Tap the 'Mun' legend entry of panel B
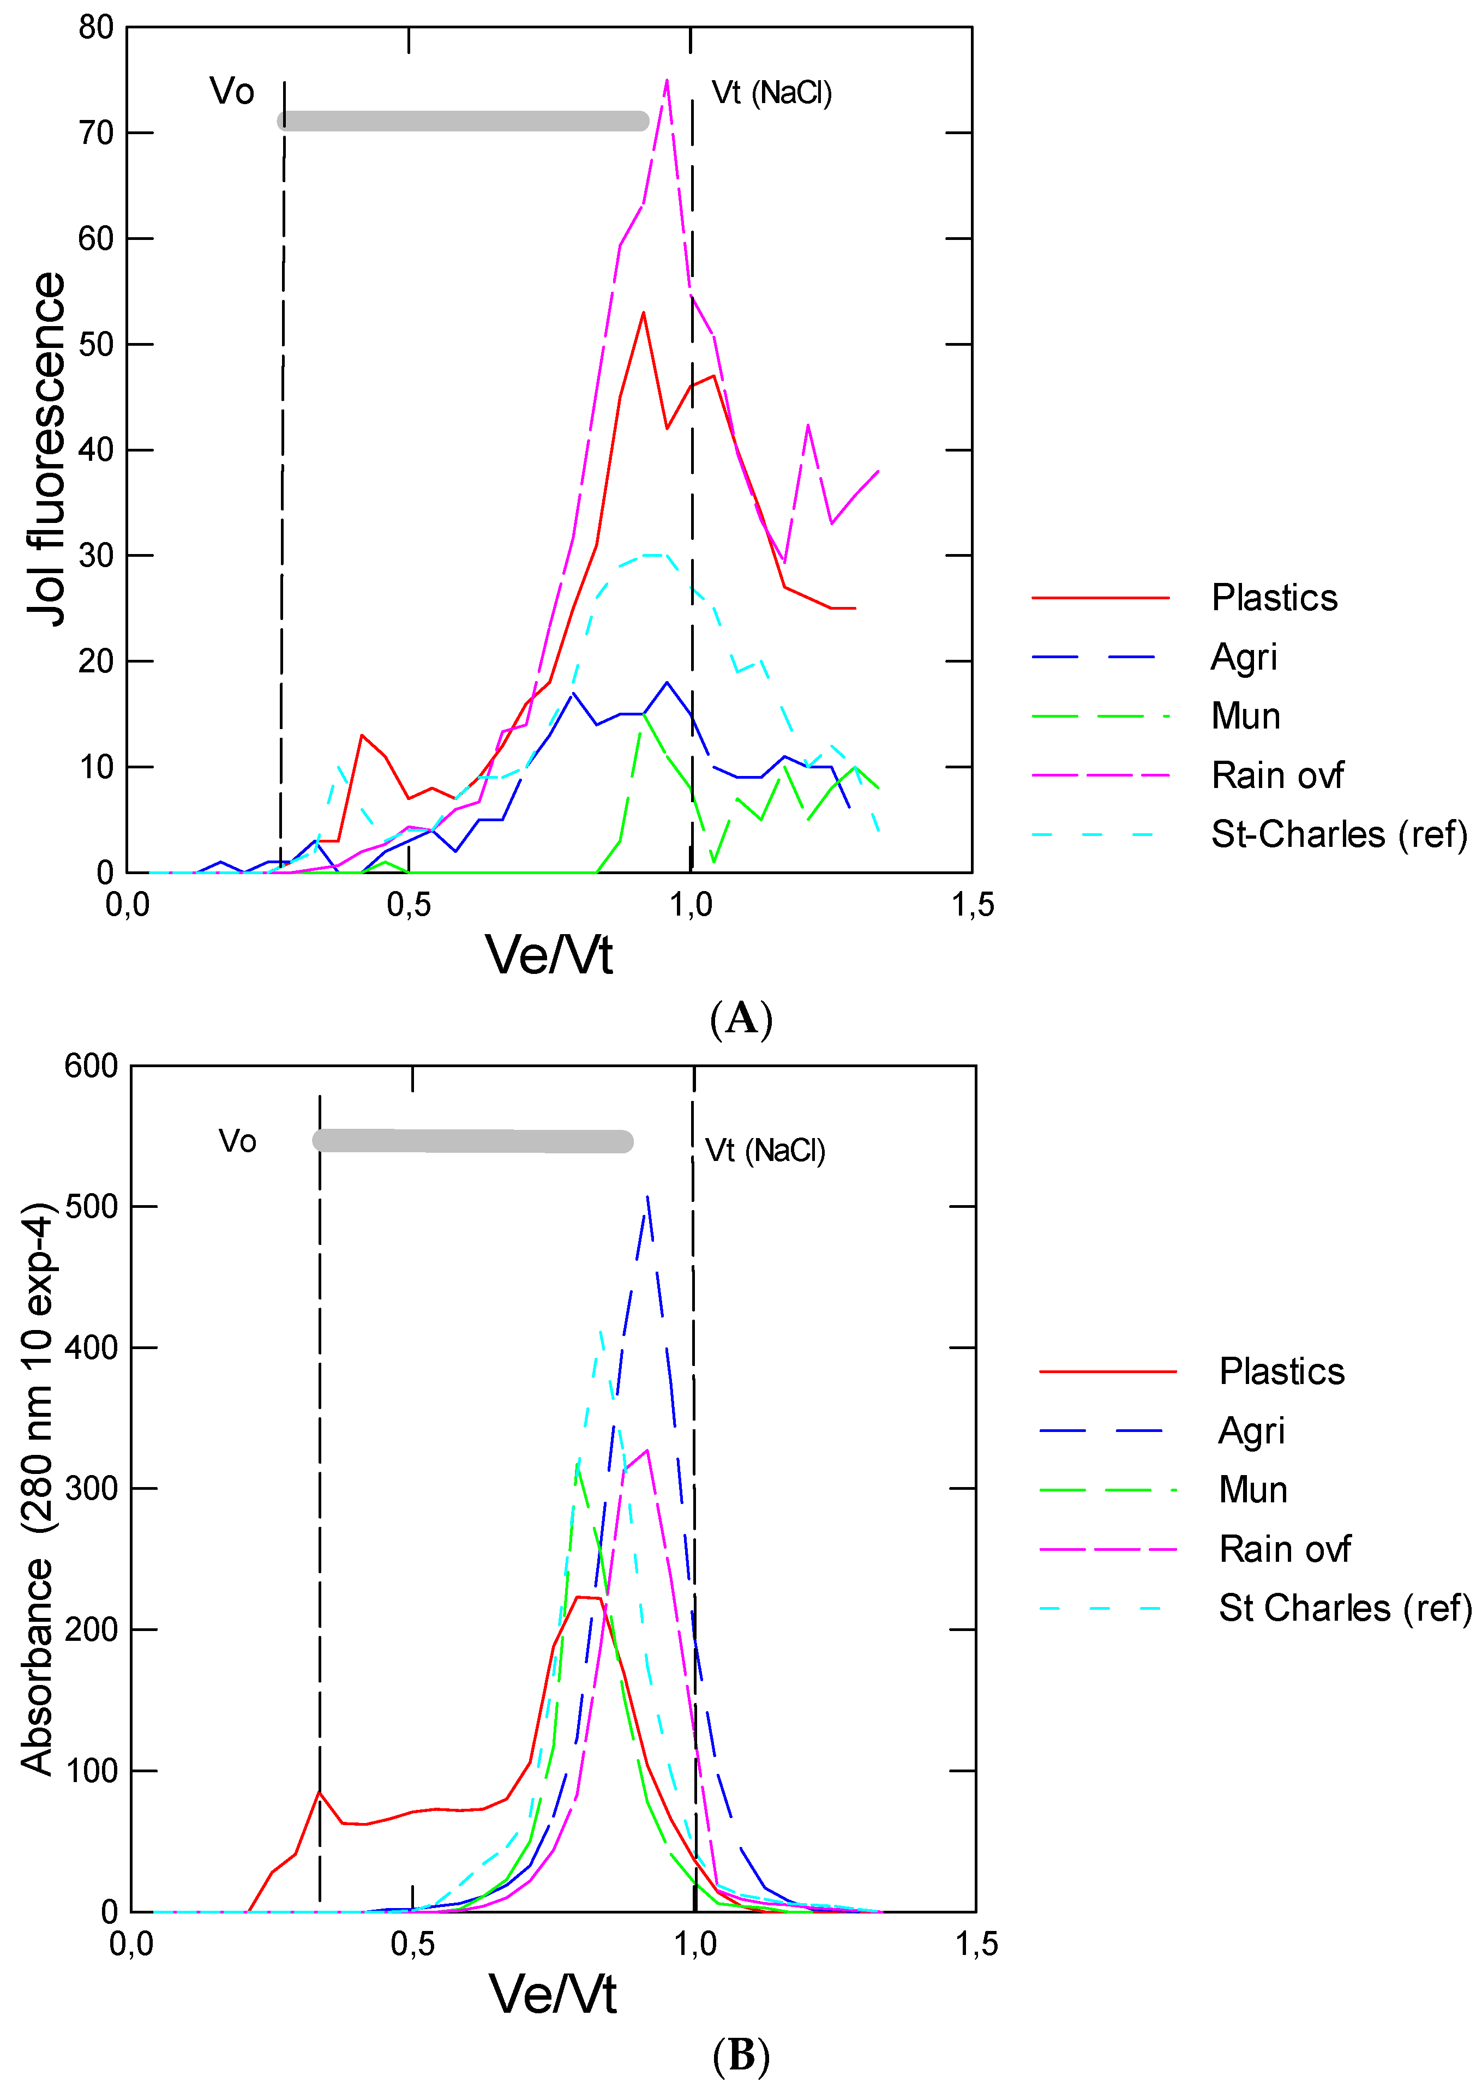tap(1253, 1490)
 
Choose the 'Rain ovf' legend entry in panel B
tap(1284, 1549)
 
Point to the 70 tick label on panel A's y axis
tap(96, 133)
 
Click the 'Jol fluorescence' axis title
tap(46, 449)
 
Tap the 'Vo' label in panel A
tap(232, 91)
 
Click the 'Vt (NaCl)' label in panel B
tap(765, 1151)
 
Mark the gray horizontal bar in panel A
tap(464, 121)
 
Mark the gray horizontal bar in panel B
tap(473, 1141)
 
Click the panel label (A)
tap(741, 1018)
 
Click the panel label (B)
tap(741, 2056)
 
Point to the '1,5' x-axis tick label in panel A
tap(973, 905)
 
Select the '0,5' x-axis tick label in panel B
tap(412, 1943)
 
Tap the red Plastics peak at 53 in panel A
tap(643, 313)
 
